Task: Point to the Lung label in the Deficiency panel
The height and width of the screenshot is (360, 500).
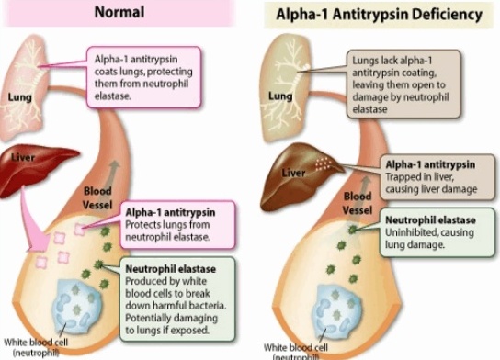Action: (280, 95)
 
